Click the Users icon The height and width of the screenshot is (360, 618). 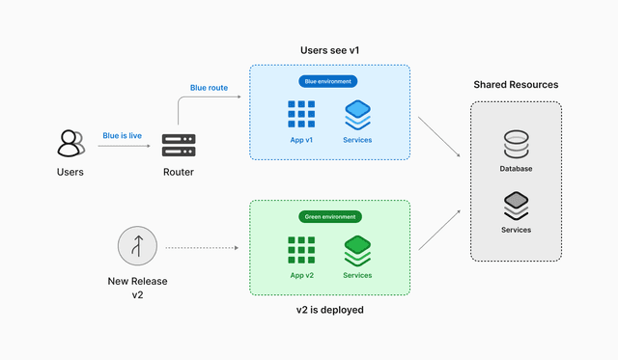[70, 143]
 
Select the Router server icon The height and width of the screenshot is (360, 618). [178, 145]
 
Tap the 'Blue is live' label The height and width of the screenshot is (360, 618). [123, 136]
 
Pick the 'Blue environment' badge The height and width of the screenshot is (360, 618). [328, 81]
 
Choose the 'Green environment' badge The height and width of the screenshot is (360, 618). [328, 217]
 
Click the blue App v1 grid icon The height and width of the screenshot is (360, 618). [301, 115]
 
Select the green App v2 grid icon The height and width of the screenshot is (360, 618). [301, 251]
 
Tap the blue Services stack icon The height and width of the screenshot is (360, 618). [357, 115]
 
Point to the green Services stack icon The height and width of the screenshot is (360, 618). [357, 251]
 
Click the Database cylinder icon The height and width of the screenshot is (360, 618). [516, 145]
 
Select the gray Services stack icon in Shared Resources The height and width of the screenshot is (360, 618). [516, 207]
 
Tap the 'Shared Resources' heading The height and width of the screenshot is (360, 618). [516, 85]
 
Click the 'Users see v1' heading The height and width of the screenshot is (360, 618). [329, 50]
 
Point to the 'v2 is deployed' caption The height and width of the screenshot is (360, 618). [329, 310]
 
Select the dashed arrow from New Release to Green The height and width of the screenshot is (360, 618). [201, 248]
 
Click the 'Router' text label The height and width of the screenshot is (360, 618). [178, 173]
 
